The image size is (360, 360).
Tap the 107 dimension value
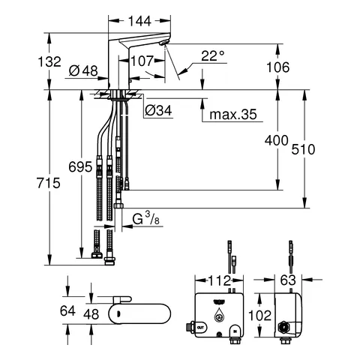(x=142, y=61)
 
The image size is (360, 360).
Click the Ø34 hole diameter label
(x=160, y=111)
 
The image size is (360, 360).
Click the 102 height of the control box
(x=260, y=316)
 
